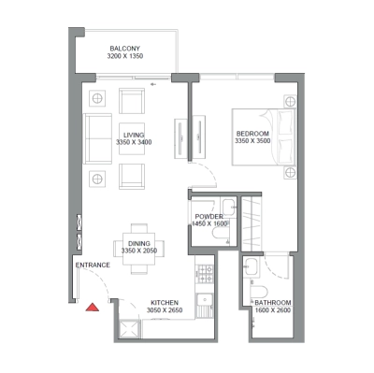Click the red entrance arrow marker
92,306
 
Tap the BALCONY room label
125,49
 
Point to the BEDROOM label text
252,135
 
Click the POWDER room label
209,217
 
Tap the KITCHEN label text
165,304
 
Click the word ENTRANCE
94,265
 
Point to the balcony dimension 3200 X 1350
125,57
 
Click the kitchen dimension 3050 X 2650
165,312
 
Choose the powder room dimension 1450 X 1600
209,224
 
